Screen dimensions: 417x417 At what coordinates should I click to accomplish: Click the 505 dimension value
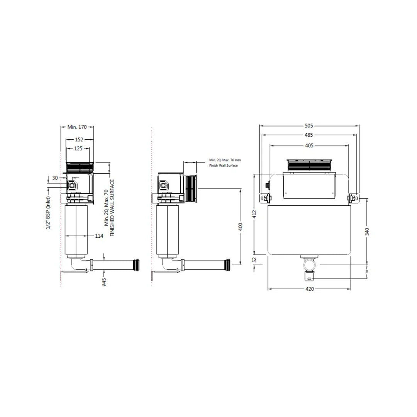point(309,125)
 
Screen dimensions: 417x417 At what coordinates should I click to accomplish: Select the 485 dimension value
point(309,135)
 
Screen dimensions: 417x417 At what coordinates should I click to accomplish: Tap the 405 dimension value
point(309,146)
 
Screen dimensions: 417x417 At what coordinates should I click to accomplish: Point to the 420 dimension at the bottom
point(310,289)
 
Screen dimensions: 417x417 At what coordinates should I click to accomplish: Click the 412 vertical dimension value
point(254,215)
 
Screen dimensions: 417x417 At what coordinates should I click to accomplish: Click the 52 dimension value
point(254,260)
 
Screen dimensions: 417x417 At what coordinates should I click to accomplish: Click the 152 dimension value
point(79,139)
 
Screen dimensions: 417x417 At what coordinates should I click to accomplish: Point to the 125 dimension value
point(78,148)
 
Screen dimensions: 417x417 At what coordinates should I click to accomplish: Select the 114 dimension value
point(99,236)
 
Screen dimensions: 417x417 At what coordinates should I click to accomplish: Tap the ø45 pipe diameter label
point(104,282)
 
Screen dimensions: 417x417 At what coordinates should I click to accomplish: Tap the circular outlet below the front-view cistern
point(310,265)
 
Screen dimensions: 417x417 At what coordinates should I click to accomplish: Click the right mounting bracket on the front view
point(353,198)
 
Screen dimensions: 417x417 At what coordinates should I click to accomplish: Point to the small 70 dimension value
point(367,271)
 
